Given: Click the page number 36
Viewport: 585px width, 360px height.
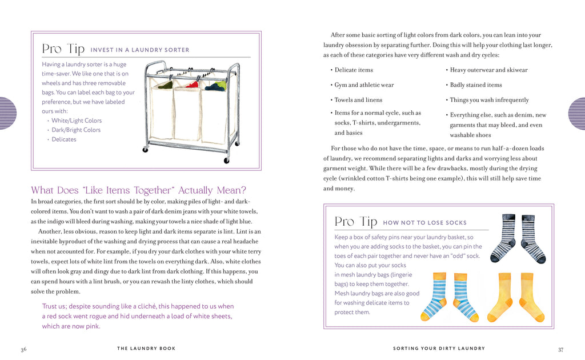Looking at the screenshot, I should (23, 350).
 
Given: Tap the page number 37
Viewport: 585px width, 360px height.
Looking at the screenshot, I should (560, 350).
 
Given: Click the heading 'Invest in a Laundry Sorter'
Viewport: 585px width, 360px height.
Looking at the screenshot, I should (140, 50).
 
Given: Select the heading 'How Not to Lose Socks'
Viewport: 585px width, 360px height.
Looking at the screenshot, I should (424, 223).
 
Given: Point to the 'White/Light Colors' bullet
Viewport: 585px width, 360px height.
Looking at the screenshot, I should (77, 121).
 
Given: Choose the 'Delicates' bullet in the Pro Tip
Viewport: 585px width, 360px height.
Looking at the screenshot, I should (64, 139).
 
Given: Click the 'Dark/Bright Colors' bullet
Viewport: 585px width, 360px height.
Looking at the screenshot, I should (76, 130).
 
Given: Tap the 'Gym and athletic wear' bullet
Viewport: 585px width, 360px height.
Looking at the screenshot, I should (364, 85).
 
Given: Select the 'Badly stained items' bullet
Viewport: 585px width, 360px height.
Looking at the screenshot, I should (476, 85).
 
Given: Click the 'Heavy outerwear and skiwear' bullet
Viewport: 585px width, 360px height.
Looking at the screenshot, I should (488, 70).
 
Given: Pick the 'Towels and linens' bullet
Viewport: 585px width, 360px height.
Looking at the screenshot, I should (358, 100).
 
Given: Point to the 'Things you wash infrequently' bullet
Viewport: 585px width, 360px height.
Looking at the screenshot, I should (489, 100).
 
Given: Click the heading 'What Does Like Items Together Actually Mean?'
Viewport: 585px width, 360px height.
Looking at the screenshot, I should (138, 190).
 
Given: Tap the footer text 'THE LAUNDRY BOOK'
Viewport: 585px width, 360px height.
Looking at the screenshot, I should (146, 348).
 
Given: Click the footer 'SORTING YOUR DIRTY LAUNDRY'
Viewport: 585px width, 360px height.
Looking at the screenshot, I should (439, 348).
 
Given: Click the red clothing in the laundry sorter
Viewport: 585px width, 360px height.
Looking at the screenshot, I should (193, 85).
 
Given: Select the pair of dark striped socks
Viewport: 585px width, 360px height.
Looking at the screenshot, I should (518, 238).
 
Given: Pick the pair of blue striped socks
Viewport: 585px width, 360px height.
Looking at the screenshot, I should (449, 297).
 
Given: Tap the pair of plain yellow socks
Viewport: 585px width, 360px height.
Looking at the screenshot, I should (516, 297).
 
